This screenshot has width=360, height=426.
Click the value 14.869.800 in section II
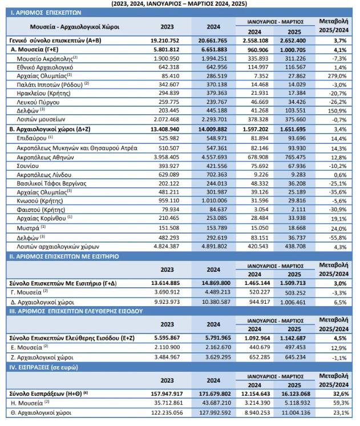point(211,283)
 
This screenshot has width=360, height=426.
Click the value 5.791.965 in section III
point(212,339)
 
